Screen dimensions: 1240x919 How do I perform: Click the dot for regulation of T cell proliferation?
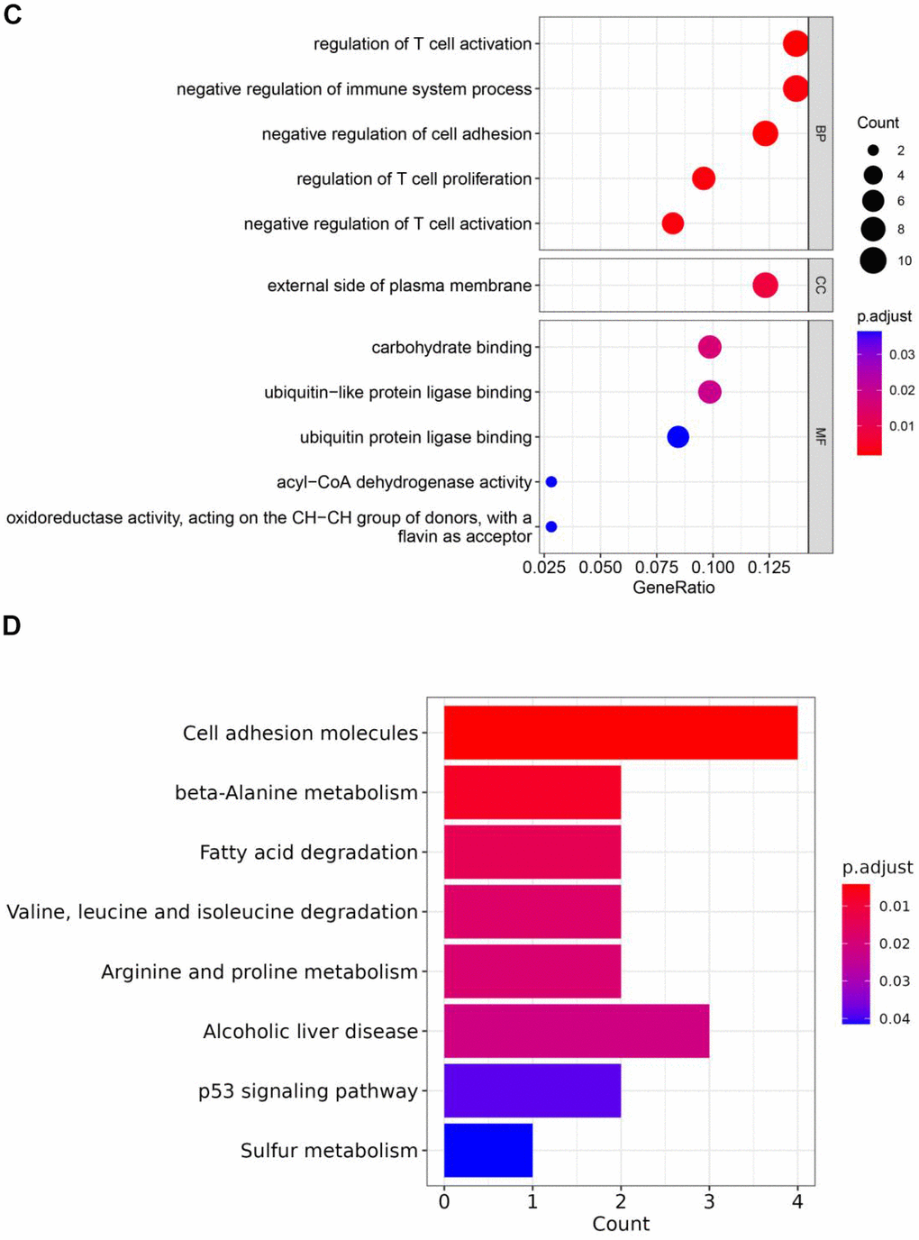pos(704,178)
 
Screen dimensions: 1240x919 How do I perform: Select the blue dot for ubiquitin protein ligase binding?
pos(678,437)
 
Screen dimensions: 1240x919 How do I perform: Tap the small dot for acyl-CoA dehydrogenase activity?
pos(551,482)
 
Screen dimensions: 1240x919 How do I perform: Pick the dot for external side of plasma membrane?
pos(765,286)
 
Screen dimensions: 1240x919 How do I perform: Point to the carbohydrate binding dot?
pos(710,347)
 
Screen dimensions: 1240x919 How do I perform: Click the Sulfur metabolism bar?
pos(488,1150)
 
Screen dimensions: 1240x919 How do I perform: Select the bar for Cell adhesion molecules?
pos(620,733)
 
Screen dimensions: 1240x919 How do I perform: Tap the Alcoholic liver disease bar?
pos(577,1031)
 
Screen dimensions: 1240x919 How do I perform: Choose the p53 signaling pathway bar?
pos(532,1090)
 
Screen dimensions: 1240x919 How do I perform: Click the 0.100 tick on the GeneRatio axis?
pos(714,568)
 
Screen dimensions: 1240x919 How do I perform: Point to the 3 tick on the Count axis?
pos(709,1201)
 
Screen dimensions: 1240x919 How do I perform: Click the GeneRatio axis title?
pos(674,588)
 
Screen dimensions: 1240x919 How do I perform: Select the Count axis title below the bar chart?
pos(621,1224)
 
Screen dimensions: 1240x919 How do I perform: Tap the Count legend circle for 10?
pos(873,260)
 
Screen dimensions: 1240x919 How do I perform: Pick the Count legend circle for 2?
pos(873,150)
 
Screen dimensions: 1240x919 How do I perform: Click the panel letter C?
pos(13,15)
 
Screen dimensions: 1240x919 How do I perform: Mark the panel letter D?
pos(12,625)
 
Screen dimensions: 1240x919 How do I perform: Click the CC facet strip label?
pos(821,286)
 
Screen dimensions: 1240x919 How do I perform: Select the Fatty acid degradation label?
pos(309,852)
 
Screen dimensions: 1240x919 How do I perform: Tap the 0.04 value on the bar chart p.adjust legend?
pos(895,1018)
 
